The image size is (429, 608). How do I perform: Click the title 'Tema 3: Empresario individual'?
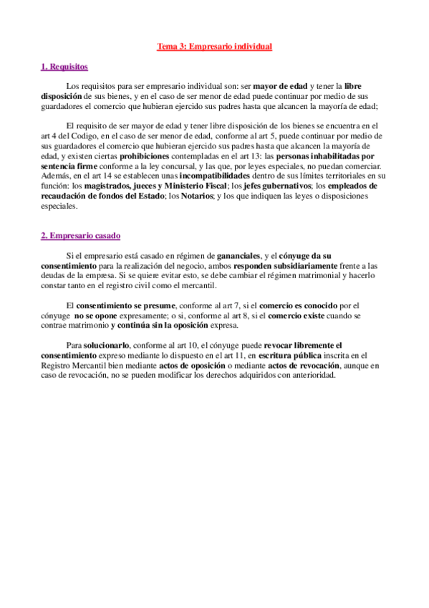coord(215,47)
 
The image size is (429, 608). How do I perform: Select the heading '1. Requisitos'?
coord(64,67)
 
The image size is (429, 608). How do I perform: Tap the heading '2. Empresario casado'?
coord(79,234)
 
